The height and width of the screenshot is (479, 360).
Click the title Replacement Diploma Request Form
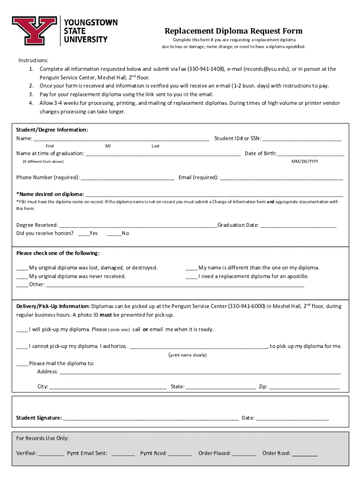(x=233, y=31)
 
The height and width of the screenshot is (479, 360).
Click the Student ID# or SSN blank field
(x=302, y=139)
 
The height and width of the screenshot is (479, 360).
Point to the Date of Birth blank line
(x=310, y=154)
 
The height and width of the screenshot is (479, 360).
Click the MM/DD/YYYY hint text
(x=305, y=161)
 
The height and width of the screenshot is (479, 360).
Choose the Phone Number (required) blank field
(x=128, y=178)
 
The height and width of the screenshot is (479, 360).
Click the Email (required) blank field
(x=281, y=178)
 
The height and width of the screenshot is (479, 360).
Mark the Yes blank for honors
(x=83, y=233)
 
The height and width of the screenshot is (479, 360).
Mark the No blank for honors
(x=114, y=233)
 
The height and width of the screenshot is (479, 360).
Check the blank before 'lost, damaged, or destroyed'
(x=22, y=269)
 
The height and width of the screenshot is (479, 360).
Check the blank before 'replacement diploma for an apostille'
(x=191, y=277)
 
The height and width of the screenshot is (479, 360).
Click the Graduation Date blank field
(x=298, y=225)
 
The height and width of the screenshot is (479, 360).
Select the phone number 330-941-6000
(x=246, y=306)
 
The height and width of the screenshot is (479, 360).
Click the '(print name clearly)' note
(x=187, y=355)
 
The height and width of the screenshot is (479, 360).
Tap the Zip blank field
(x=304, y=387)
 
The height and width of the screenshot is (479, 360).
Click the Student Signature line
(x=151, y=418)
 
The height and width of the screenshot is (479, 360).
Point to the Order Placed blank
(x=244, y=454)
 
